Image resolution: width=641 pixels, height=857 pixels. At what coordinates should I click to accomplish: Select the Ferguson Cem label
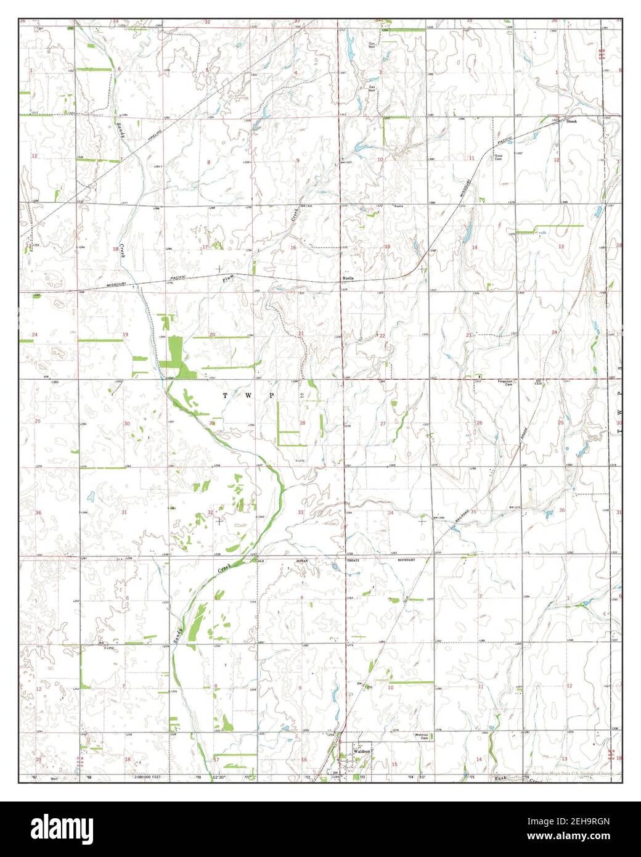505,382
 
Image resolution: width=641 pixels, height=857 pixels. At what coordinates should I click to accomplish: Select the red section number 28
302,423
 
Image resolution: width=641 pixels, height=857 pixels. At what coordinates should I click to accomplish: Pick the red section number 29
211,423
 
